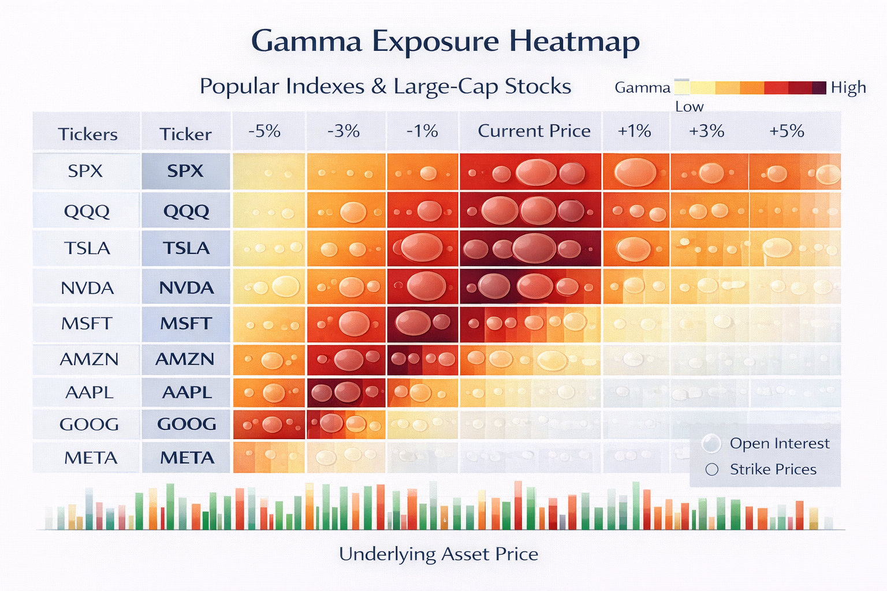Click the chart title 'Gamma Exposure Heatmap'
tap(445, 42)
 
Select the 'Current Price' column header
tap(534, 131)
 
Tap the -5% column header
tap(264, 131)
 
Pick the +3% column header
tap(706, 131)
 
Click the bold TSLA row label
tap(185, 248)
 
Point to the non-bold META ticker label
tap(91, 458)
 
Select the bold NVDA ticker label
tap(186, 287)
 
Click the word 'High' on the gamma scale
tap(848, 88)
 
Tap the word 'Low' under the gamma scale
tap(690, 107)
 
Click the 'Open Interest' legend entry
tap(779, 443)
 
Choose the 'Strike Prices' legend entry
tap(773, 469)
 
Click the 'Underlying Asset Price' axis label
tap(438, 554)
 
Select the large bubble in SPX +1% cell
tap(635, 171)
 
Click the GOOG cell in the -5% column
tap(269, 425)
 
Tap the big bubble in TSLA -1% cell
tap(421, 246)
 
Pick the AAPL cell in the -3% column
tap(346, 392)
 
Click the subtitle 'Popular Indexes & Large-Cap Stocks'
tap(385, 87)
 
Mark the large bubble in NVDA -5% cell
tap(286, 286)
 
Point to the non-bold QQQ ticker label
tap(87, 211)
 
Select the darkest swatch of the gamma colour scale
tap(819, 88)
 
